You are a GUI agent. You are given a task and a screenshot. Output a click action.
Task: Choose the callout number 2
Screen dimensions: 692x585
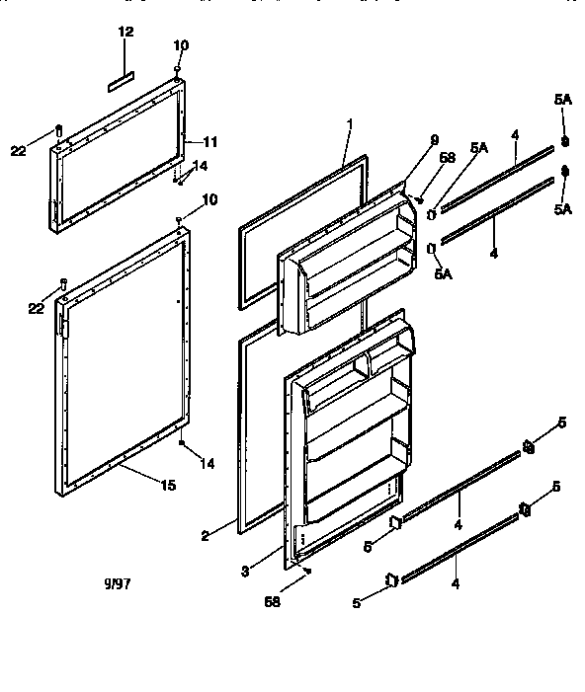205,536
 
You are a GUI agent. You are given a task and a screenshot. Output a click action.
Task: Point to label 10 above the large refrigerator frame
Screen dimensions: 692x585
209,199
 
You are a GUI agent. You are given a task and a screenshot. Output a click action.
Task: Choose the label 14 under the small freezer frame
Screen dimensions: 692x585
201,165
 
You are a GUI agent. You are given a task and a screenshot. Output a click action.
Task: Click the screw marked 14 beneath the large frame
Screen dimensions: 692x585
181,444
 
